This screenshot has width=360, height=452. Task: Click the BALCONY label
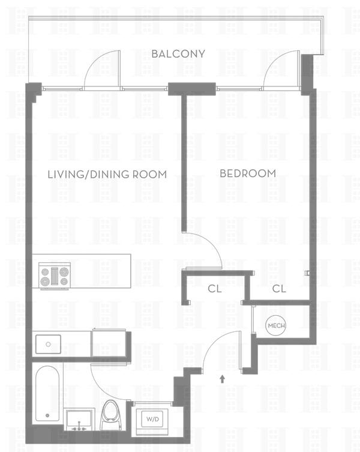pos(178,54)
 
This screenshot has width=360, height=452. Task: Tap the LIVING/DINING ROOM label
pos(107,175)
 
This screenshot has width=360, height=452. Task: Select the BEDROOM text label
pos(248,173)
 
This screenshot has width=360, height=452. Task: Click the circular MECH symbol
pos(275,326)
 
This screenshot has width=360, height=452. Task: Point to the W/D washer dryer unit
pos(152,419)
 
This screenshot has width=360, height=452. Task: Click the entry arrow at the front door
pos(222,379)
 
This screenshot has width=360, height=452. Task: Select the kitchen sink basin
pos(48,344)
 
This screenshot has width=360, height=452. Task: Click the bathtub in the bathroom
pos(47,394)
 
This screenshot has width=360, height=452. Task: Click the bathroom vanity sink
pos(79,420)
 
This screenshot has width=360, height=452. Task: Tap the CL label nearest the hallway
pos(215,289)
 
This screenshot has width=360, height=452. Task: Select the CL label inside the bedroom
pos(279,289)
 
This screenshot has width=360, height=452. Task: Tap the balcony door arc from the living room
pos(95,61)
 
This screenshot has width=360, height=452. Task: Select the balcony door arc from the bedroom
pos(274,61)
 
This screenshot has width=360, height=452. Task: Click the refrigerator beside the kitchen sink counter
pos(109,343)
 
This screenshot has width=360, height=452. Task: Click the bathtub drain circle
pos(47,415)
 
